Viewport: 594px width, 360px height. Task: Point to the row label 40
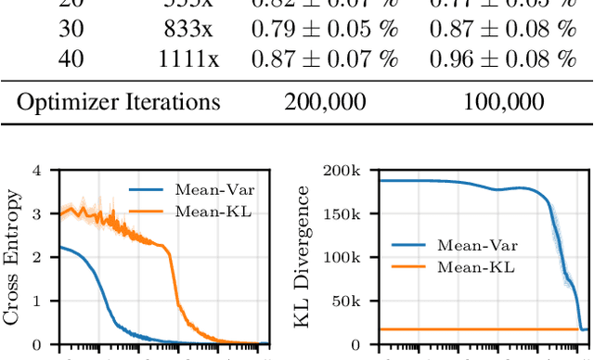tap(71, 60)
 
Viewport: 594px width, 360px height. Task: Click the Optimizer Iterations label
tap(120, 101)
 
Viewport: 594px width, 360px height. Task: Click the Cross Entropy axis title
tap(13, 257)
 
